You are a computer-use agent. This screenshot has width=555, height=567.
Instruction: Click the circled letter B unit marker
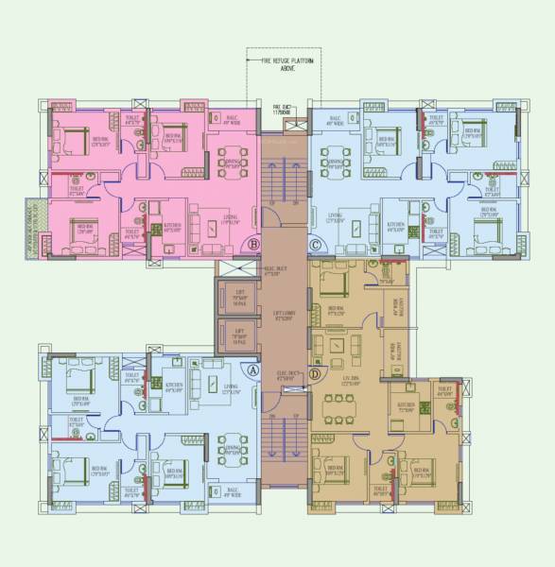coord(253,244)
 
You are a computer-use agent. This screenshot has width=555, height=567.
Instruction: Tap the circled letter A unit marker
coord(252,371)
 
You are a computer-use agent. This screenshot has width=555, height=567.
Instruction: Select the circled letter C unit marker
coord(315,244)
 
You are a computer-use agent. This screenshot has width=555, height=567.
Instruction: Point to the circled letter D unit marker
coord(315,349)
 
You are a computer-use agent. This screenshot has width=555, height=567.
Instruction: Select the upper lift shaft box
coord(238,300)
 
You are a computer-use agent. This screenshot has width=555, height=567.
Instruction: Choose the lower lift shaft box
coord(238,335)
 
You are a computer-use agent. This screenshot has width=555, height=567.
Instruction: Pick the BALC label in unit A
coord(232,491)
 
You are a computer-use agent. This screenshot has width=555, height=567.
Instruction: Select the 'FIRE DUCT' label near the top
coord(282,109)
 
